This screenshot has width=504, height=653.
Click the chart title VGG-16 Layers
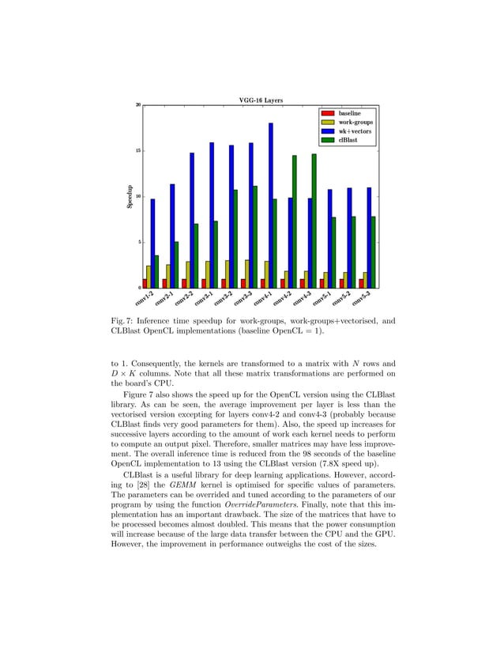point(260,100)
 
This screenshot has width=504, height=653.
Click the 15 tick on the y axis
point(137,150)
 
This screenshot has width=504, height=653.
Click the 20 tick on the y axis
point(137,105)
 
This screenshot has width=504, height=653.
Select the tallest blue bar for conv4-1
point(270,206)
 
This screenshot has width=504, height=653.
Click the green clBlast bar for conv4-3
point(314,221)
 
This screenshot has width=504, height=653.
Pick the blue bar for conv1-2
point(152,243)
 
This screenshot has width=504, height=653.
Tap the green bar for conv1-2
point(157,271)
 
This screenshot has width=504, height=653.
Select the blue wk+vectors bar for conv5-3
point(368,237)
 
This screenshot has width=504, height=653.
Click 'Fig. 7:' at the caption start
point(123,321)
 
